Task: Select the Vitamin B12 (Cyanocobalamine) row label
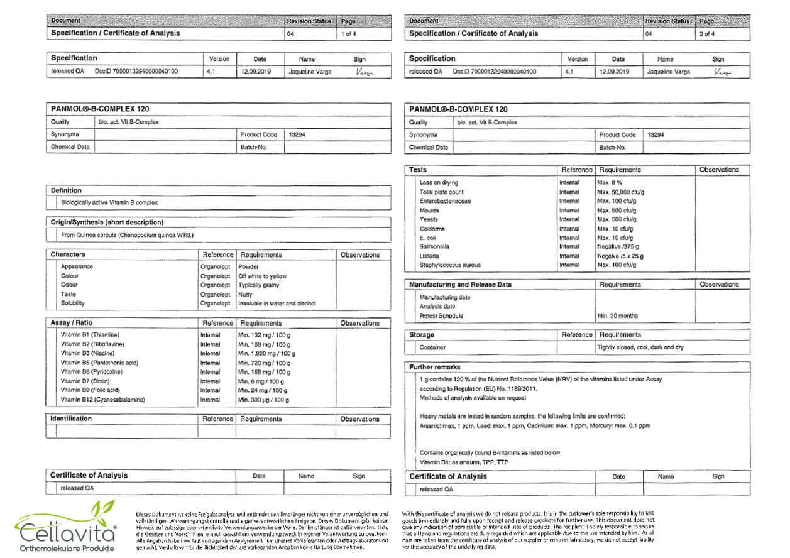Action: point(102,400)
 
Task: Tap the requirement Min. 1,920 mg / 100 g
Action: point(266,354)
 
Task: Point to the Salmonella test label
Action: point(434,247)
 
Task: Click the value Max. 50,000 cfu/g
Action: point(620,192)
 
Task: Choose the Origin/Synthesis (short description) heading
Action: point(107,222)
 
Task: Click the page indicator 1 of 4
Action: point(348,33)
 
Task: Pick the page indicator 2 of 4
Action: point(707,33)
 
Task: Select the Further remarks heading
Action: point(435,367)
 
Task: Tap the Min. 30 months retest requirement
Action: point(618,315)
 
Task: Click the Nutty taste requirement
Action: point(246,294)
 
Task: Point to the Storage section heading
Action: point(422,335)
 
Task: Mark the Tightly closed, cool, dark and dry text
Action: point(640,347)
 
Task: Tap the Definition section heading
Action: point(66,190)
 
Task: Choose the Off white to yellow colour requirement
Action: point(263,276)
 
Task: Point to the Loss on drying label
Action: point(439,183)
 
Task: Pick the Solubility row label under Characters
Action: point(73,303)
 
